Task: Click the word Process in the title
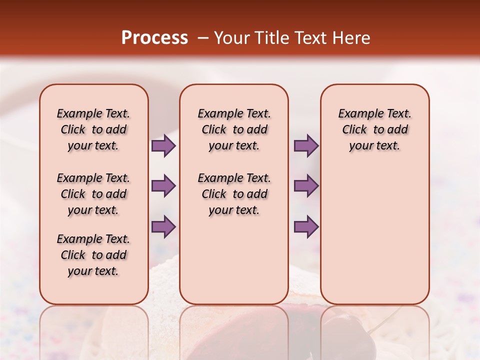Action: pyautogui.click(x=154, y=38)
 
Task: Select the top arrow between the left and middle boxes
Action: pyautogui.click(x=163, y=145)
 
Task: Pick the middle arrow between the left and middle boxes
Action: pyautogui.click(x=163, y=186)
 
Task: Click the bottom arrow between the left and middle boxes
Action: pyautogui.click(x=163, y=226)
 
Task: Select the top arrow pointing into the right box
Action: pyautogui.click(x=306, y=145)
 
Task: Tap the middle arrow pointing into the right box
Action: pyautogui.click(x=306, y=186)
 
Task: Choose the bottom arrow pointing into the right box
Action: pyautogui.click(x=306, y=226)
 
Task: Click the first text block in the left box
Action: pyautogui.click(x=93, y=129)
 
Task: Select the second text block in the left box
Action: pyautogui.click(x=93, y=194)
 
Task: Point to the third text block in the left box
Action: pyautogui.click(x=93, y=255)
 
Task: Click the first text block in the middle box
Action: pyautogui.click(x=234, y=129)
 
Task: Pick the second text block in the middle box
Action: pyautogui.click(x=234, y=194)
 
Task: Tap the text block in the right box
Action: pyautogui.click(x=375, y=129)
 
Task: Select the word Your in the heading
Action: pyautogui.click(x=230, y=38)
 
